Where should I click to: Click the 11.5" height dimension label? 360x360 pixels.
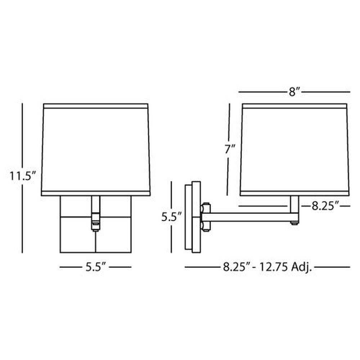(x=22, y=176)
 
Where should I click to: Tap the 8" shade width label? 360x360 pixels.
(x=294, y=92)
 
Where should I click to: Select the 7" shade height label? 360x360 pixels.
(x=230, y=149)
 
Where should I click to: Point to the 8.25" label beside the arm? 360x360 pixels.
(x=325, y=206)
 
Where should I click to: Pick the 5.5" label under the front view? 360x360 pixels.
(x=96, y=267)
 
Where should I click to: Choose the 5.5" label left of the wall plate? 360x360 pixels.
(x=171, y=217)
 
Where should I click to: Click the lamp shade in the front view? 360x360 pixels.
(x=96, y=150)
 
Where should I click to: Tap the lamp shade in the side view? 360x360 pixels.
(x=294, y=150)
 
